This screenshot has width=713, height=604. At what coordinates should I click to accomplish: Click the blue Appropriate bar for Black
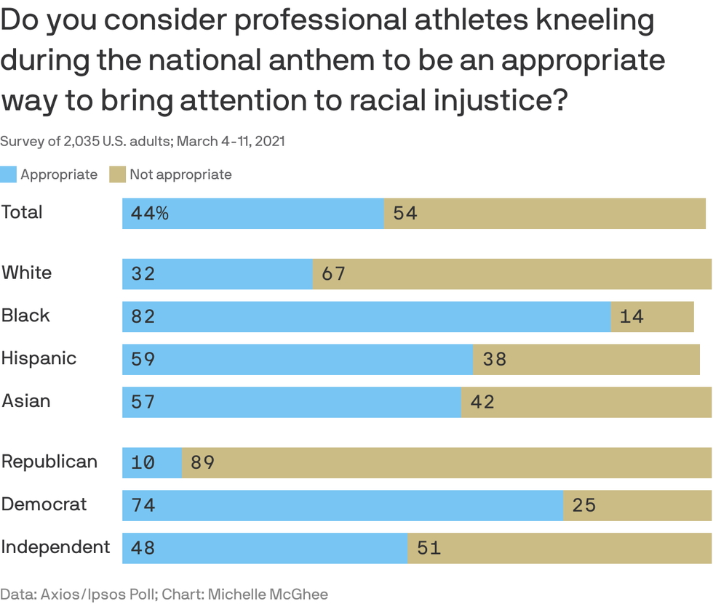[x=366, y=317]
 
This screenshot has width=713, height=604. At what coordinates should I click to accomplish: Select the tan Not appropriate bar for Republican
[x=446, y=463]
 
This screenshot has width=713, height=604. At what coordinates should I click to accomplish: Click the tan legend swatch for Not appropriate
[x=118, y=174]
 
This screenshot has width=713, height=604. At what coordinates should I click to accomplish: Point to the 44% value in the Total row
[x=150, y=214]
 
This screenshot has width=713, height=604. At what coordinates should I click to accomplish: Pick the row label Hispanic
[x=39, y=358]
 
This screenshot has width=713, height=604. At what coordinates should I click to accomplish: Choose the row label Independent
[x=55, y=547]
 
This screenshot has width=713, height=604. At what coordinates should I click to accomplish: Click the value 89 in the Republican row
[x=202, y=463]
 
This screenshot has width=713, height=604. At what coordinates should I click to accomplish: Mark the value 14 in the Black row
[x=632, y=317]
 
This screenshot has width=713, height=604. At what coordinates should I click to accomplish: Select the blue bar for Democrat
[x=342, y=505]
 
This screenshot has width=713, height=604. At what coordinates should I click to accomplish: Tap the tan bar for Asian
[x=586, y=402]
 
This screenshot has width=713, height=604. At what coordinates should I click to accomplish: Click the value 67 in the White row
[x=333, y=274]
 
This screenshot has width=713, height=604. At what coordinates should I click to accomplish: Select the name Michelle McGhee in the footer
[x=268, y=594]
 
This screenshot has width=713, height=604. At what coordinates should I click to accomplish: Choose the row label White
[x=26, y=273]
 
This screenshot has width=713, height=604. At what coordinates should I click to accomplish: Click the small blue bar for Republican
[x=151, y=463]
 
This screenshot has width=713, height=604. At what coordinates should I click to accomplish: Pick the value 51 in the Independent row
[x=429, y=548]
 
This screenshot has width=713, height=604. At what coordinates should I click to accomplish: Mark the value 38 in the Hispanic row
[x=494, y=360]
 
